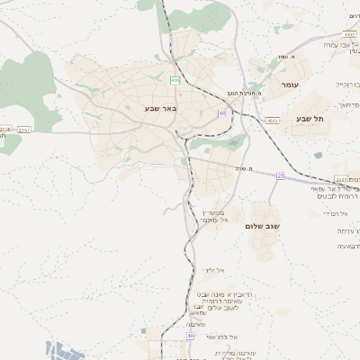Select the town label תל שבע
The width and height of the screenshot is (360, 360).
point(310,118)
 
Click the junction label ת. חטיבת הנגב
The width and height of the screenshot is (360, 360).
point(245,94)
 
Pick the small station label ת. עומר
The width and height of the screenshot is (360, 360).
point(288,58)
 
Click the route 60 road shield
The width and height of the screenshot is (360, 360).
point(221,112)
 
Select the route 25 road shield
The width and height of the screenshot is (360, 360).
point(281,175)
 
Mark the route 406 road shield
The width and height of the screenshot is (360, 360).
point(175,81)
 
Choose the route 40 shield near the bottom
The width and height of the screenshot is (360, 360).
point(190,336)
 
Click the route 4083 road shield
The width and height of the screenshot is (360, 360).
point(272,119)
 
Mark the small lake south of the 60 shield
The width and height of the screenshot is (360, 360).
point(236,141)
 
